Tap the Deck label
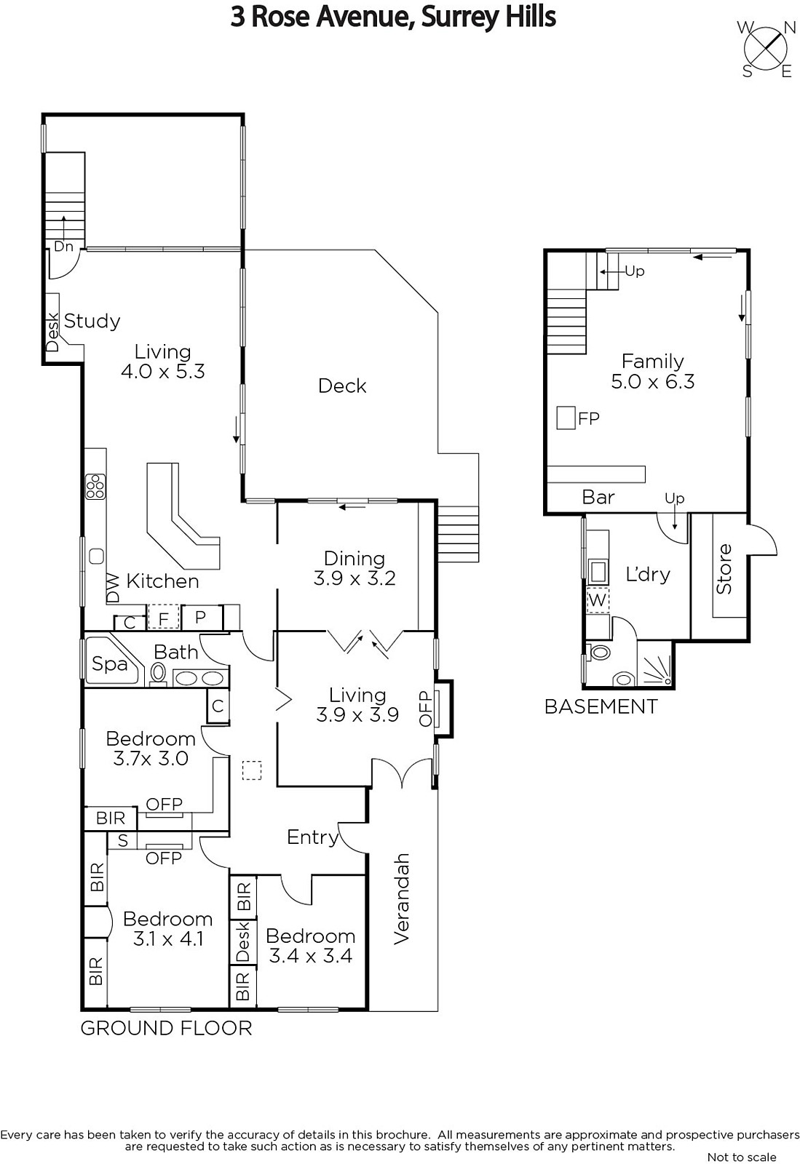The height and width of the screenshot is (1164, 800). (342, 386)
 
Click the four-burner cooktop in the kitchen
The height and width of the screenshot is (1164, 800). (95, 487)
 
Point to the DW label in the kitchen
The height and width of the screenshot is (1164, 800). (113, 589)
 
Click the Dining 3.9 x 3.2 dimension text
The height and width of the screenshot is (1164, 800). (355, 578)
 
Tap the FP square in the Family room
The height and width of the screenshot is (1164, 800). (566, 418)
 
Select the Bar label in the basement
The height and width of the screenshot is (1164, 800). (598, 498)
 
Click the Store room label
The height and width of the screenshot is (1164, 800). (724, 569)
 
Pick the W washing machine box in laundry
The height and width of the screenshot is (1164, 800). (598, 600)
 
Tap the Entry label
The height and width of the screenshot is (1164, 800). (312, 837)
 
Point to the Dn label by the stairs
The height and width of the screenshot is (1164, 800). (63, 247)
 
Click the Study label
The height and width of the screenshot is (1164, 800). (92, 321)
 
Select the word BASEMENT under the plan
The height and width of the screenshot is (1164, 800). (601, 706)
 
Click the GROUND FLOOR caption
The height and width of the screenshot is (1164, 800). (167, 1029)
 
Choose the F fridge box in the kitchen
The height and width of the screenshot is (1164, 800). (164, 618)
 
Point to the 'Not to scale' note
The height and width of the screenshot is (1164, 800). (742, 1157)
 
